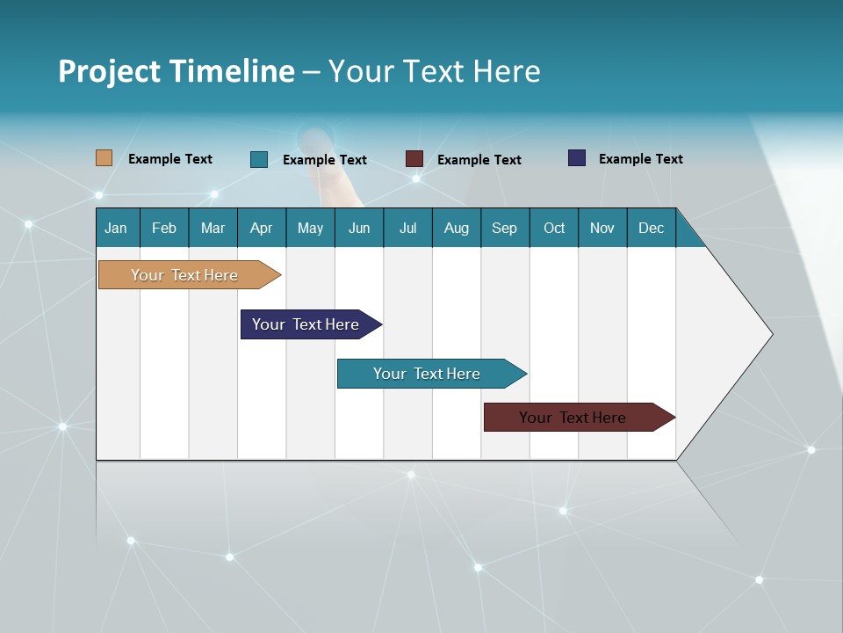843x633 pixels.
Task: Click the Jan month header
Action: click(x=116, y=228)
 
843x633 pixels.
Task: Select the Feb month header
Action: click(x=164, y=228)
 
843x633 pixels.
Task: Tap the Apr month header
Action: click(x=261, y=228)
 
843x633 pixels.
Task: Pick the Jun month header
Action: click(x=359, y=228)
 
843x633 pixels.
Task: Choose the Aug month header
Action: click(x=456, y=228)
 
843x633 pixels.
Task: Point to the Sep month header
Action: click(x=504, y=228)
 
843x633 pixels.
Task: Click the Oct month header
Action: click(x=554, y=228)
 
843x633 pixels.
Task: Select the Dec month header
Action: click(x=651, y=228)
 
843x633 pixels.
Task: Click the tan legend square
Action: click(x=104, y=158)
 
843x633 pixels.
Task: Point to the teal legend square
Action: click(x=259, y=159)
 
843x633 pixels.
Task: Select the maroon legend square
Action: click(x=414, y=159)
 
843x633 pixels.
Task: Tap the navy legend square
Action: click(x=577, y=158)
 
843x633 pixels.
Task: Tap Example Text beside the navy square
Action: click(x=640, y=159)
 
